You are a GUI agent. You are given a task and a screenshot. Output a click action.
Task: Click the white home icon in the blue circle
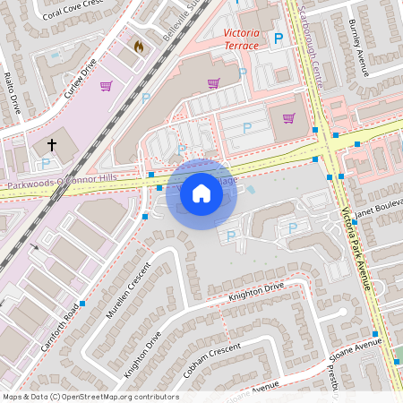(x=201, y=193)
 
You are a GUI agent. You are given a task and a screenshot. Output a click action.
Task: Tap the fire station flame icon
(x=138, y=46)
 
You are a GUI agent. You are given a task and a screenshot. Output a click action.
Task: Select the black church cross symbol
(x=52, y=143)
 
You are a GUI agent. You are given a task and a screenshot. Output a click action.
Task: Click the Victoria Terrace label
(x=241, y=38)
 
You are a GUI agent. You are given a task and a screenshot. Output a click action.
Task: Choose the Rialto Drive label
(x=13, y=93)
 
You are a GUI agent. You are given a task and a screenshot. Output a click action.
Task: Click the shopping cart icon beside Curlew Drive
(x=106, y=86)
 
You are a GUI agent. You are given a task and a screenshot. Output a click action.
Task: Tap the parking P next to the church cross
(x=46, y=163)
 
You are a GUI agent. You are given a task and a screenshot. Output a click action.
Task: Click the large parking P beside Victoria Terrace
(x=278, y=39)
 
